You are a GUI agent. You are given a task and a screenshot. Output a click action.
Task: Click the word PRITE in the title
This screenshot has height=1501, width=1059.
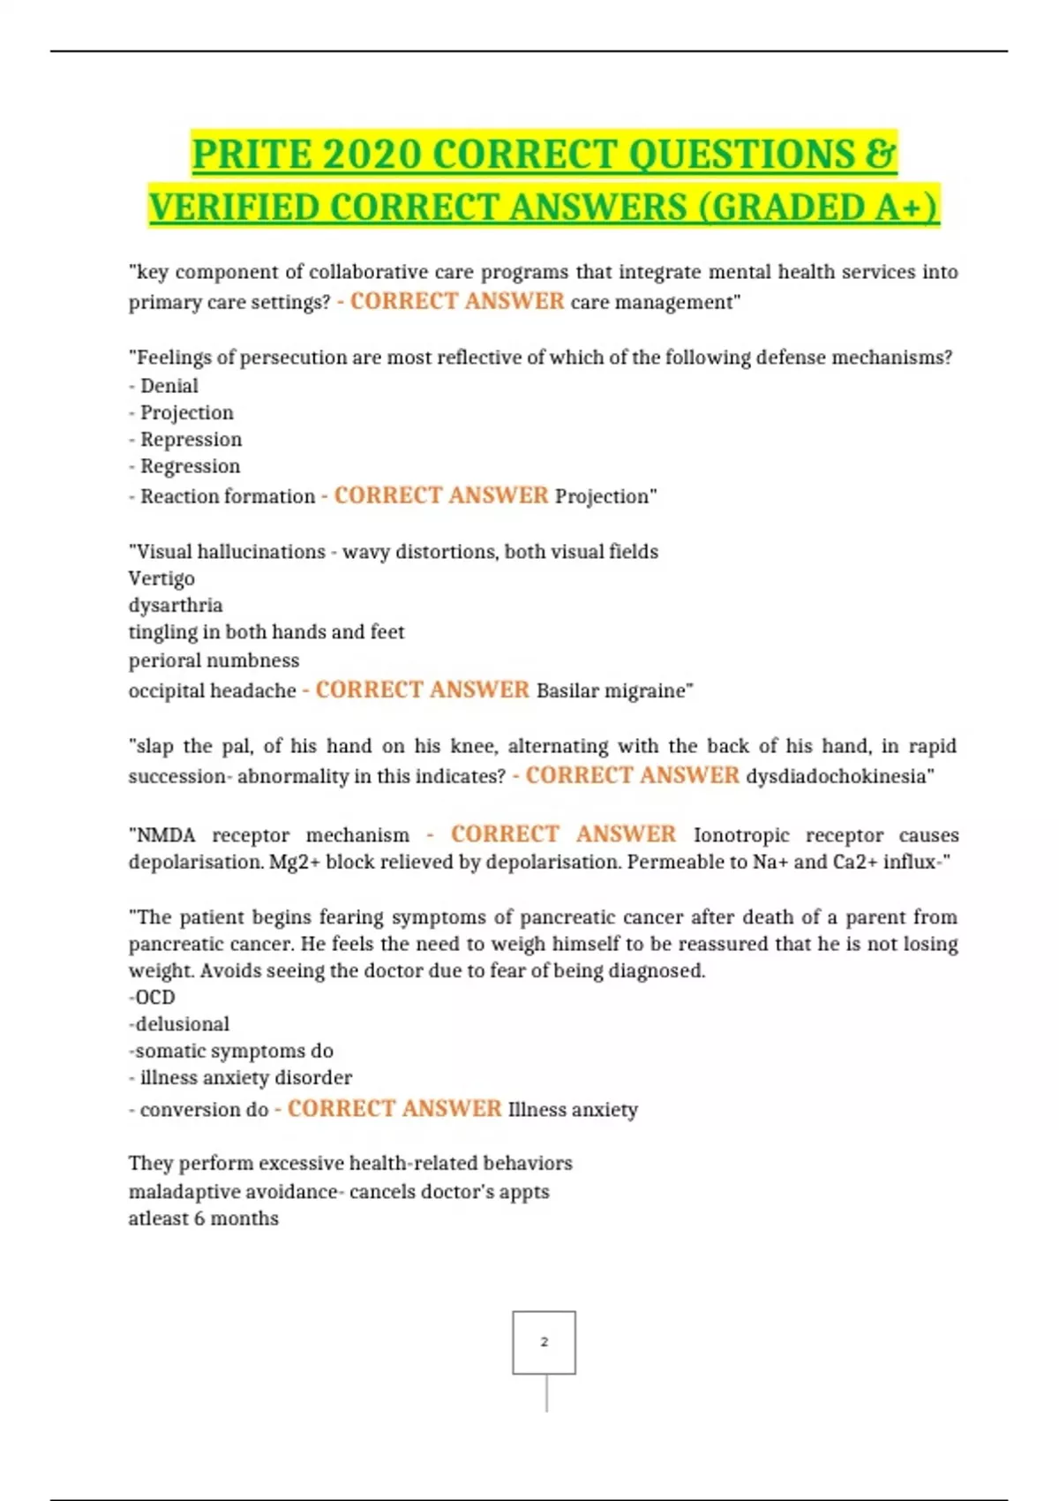pyautogui.click(x=251, y=155)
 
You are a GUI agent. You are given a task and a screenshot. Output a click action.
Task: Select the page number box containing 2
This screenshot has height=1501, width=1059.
pyautogui.click(x=544, y=1342)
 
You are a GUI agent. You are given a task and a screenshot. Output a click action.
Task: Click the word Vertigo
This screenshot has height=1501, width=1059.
pyautogui.click(x=161, y=578)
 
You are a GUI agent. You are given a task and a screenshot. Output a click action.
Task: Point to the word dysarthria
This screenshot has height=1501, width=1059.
pyautogui.click(x=176, y=605)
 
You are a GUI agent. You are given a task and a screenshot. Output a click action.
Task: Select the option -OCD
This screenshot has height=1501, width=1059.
pyautogui.click(x=152, y=997)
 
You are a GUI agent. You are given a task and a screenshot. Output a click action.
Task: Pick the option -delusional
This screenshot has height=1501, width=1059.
pyautogui.click(x=179, y=1023)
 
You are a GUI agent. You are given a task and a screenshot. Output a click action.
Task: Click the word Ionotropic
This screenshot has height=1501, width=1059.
pyautogui.click(x=741, y=835)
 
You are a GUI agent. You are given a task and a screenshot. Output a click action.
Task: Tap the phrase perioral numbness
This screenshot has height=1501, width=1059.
pyautogui.click(x=214, y=660)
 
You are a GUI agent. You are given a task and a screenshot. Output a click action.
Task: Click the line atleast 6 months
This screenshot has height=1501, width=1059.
pyautogui.click(x=203, y=1218)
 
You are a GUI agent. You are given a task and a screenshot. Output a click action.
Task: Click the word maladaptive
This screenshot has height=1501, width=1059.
pyautogui.click(x=182, y=1191)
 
